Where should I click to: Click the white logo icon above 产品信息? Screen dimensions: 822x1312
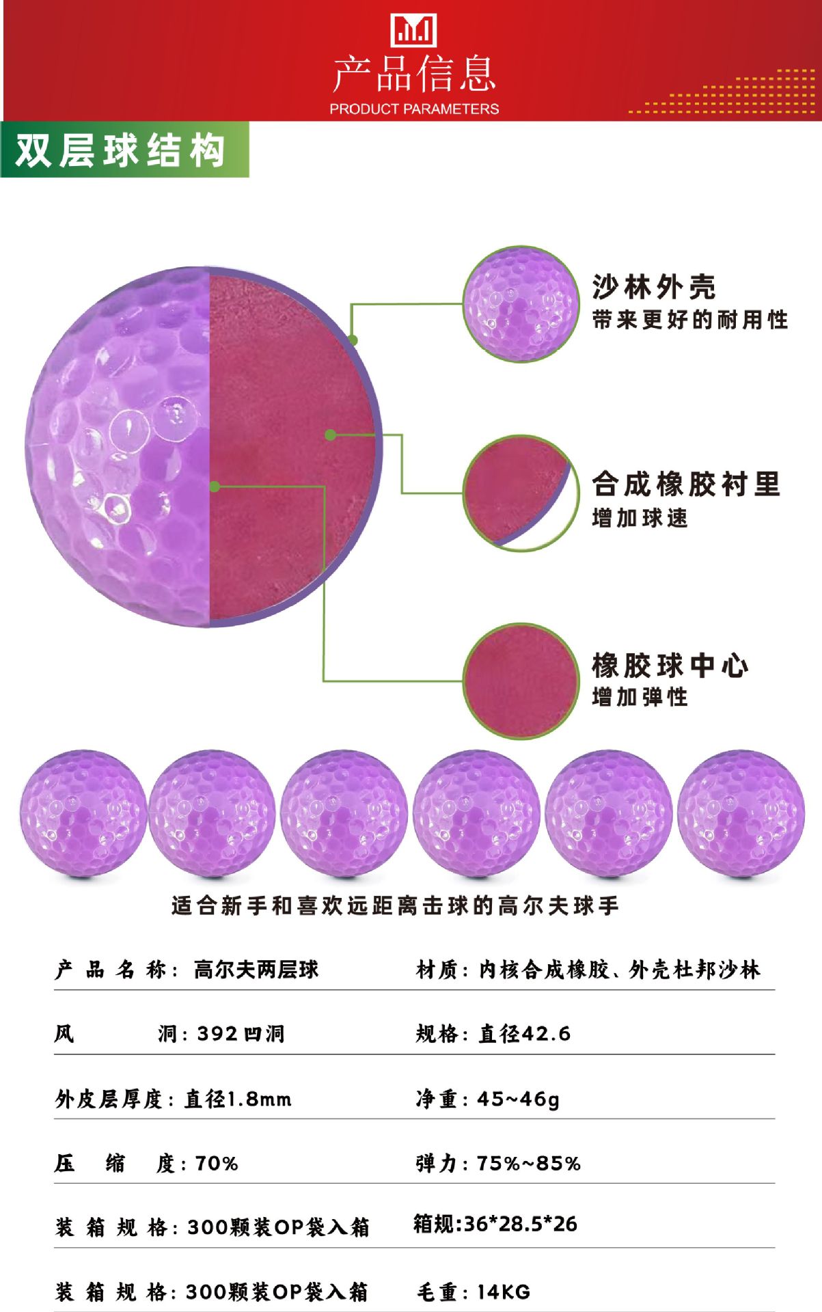tap(413, 31)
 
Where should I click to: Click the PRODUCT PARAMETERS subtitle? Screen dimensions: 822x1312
tap(413, 109)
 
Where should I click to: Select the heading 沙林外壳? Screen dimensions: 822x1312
tap(654, 287)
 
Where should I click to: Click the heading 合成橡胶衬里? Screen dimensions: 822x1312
tap(685, 484)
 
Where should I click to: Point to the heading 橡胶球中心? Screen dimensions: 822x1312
tap(670, 666)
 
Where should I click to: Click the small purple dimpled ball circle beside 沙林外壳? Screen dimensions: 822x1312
tap(521, 304)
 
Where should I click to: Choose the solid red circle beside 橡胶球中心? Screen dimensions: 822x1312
tap(521, 681)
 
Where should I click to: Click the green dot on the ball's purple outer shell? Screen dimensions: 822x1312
tap(353, 340)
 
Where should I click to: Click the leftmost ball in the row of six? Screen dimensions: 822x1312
tap(83, 813)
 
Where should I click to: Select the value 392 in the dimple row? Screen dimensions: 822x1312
tap(217, 1034)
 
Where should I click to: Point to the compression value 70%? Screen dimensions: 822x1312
tap(217, 1163)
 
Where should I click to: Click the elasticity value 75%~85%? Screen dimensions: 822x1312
tap(528, 1163)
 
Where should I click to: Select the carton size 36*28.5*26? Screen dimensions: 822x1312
tap(520, 1224)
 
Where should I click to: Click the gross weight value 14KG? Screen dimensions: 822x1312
tap(504, 1291)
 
